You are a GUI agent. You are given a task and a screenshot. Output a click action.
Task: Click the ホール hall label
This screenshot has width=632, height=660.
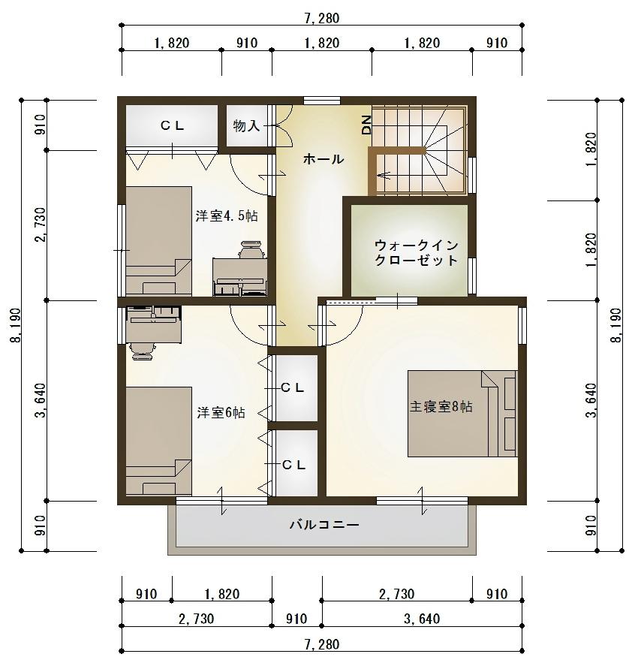(324, 159)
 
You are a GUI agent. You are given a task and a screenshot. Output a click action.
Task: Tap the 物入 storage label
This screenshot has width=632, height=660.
(246, 125)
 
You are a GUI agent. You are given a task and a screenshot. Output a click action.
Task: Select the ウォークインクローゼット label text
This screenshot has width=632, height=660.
(416, 252)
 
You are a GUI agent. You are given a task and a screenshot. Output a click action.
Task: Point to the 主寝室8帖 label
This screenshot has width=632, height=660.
(441, 407)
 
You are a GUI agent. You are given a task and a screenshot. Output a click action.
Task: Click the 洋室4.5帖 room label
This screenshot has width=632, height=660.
(227, 216)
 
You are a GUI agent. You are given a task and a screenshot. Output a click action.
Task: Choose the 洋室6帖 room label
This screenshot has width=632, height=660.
(221, 412)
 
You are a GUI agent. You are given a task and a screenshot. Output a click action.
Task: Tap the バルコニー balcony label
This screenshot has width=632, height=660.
(324, 525)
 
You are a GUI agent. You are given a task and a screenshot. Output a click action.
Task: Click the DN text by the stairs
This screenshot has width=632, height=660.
(366, 125)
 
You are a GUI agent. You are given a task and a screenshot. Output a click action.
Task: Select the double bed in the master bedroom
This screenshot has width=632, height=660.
(462, 413)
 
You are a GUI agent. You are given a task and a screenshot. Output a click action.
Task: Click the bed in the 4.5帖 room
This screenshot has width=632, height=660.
(158, 240)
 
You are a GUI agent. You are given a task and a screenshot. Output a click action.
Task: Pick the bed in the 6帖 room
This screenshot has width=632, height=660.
(158, 441)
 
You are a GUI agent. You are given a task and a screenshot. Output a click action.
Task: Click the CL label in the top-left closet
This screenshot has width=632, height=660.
(172, 125)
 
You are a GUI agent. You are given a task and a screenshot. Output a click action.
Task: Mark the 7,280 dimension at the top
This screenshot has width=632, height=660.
(323, 18)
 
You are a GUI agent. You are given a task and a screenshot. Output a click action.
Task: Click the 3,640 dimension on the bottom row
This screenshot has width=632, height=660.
(422, 619)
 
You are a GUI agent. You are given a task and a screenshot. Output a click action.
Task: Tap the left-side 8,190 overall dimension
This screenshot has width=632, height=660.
(16, 325)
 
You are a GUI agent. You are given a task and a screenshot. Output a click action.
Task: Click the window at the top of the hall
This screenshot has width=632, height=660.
(322, 100)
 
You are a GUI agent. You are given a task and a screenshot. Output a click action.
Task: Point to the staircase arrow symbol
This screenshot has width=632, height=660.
(384, 175)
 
